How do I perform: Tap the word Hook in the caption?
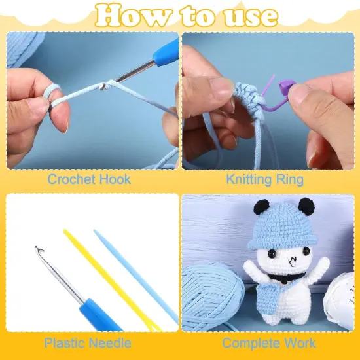(x=115, y=179)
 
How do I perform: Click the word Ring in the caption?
(x=290, y=180)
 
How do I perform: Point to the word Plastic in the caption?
(x=63, y=343)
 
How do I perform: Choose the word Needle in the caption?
(x=110, y=343)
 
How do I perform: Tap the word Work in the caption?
(x=300, y=343)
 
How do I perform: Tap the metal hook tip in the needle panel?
(x=39, y=249)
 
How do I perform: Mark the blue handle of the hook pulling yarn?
(x=167, y=53)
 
